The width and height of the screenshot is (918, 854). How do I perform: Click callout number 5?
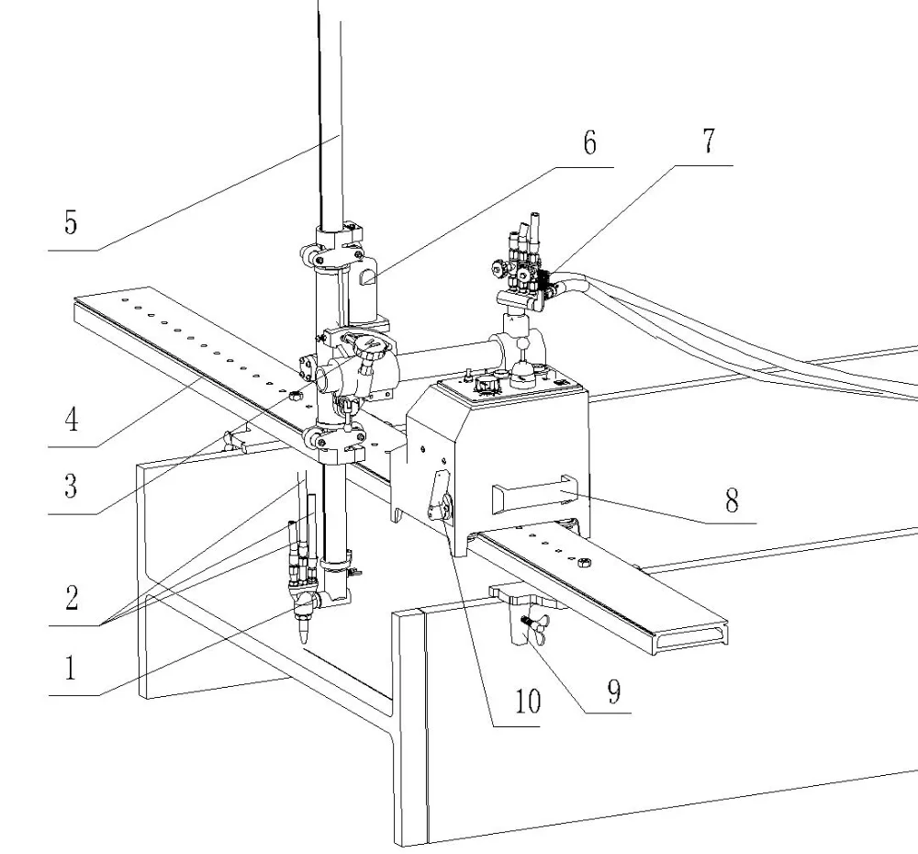click(71, 223)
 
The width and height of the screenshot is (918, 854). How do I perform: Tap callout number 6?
click(588, 143)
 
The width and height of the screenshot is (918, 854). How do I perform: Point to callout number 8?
click(731, 501)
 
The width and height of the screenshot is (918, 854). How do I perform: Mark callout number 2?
click(71, 598)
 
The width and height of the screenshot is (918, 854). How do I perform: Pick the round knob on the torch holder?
click(372, 348)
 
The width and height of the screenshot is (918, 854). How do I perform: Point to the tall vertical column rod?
click(329, 110)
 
